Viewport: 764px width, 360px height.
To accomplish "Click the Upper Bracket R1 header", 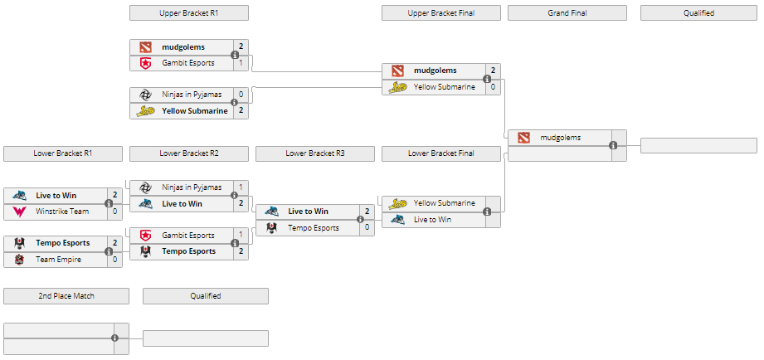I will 189,13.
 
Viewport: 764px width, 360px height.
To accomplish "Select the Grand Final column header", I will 567,13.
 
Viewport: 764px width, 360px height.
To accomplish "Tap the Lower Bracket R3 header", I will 315,153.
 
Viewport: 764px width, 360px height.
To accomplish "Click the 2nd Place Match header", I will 66,296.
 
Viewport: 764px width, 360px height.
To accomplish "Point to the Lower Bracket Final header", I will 441,153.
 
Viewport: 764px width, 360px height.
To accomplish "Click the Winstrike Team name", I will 62,212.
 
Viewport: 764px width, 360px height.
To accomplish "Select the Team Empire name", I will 57,260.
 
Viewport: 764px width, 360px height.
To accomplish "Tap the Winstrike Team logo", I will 18,212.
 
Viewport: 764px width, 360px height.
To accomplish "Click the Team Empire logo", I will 18,260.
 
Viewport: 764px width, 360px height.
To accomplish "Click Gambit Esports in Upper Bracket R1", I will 188,63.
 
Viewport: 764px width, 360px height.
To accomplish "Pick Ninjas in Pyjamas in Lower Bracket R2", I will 192,187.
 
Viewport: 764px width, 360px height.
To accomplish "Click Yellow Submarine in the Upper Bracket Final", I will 445,86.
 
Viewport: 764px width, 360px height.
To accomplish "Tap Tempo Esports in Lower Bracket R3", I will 314,228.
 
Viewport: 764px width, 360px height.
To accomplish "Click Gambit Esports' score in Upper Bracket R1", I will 241,63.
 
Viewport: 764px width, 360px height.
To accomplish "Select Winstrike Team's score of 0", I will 114,212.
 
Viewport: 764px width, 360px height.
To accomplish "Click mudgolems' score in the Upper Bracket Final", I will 493,71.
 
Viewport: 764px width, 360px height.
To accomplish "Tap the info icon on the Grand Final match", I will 613,146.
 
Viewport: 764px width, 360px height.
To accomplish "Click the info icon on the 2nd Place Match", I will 114,338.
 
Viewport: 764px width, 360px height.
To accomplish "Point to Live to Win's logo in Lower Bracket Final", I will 397,220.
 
